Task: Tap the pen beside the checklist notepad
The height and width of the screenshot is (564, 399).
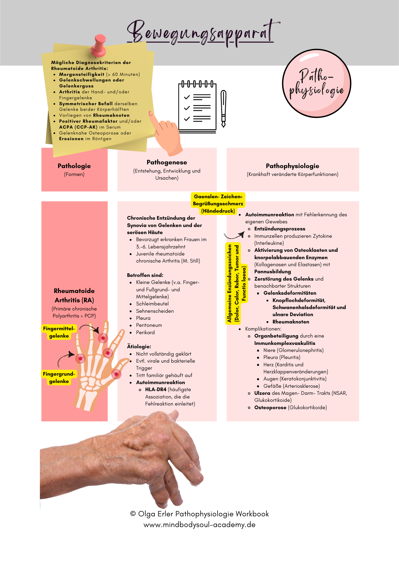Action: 223,109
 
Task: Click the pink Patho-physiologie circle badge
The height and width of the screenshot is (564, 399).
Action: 317,83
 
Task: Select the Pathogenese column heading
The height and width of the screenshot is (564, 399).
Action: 167,162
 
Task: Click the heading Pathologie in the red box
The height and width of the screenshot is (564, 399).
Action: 74,166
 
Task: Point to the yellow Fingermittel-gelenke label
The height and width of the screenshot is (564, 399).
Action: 59,332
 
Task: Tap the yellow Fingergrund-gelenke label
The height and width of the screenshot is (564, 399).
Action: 59,378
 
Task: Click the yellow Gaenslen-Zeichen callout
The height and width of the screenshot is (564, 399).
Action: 218,204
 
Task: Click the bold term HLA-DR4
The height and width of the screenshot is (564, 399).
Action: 156,389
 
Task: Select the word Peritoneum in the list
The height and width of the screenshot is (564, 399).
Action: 149,325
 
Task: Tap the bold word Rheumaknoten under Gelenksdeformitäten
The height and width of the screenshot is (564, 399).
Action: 291,322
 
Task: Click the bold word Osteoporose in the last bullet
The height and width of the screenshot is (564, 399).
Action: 270,407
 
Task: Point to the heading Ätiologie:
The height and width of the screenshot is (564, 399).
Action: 139,347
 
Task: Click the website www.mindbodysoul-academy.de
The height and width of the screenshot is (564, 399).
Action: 199,525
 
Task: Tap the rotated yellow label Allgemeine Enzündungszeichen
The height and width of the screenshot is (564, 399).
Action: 229,283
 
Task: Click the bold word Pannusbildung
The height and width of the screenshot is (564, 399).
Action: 273,272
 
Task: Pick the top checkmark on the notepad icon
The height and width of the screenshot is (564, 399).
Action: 187,97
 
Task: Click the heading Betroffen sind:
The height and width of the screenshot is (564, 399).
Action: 145,275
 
